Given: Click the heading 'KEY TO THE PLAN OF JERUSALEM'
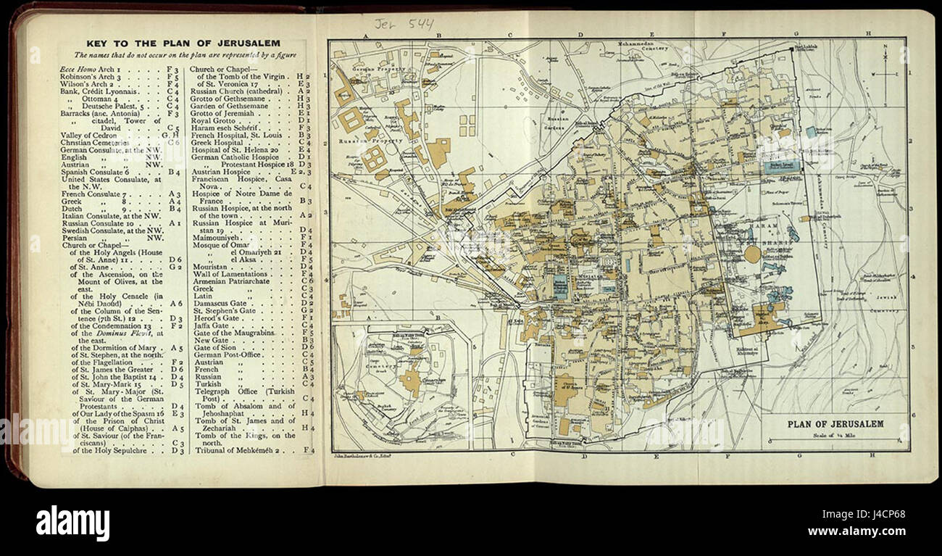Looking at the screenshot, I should point(182,43).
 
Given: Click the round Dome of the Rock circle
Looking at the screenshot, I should point(753,254).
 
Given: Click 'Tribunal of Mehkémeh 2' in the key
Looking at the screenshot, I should point(239,450).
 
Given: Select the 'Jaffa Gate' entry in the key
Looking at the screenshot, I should point(210,325).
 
